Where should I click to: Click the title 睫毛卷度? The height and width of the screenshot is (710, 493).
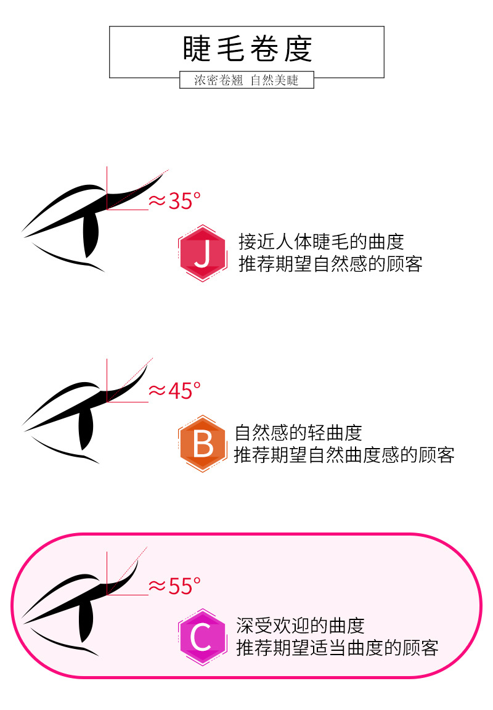[247, 49]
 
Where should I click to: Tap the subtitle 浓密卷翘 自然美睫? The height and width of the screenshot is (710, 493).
[246, 80]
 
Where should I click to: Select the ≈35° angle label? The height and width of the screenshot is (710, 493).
[174, 200]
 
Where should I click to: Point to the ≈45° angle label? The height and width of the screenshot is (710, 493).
[174, 391]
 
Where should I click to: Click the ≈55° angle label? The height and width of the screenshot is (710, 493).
[174, 586]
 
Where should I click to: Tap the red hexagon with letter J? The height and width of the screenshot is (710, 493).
[202, 253]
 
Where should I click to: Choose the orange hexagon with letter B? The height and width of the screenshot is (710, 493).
[202, 444]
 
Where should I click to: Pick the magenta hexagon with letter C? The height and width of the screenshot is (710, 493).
[202, 637]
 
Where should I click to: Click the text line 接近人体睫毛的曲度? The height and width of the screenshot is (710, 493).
[321, 242]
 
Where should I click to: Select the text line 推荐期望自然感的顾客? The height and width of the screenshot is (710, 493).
[330, 264]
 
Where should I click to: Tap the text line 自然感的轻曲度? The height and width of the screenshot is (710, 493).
[298, 433]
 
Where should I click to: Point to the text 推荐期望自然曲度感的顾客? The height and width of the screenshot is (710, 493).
[344, 455]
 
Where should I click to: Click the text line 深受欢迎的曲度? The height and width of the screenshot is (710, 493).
[300, 626]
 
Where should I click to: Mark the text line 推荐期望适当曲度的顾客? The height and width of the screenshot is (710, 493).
[337, 648]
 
